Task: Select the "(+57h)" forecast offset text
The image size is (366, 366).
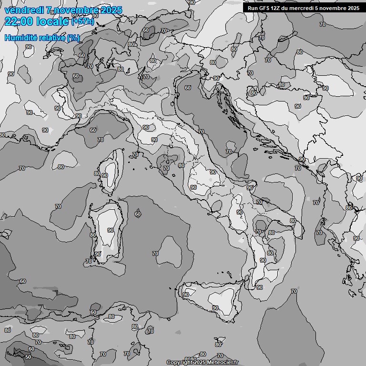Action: tap(82, 22)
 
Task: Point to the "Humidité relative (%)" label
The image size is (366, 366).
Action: tap(42, 38)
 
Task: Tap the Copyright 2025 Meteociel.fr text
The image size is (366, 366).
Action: tap(205, 363)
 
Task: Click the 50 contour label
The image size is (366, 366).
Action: tap(29, 357)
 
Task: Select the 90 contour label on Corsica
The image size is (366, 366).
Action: tap(104, 175)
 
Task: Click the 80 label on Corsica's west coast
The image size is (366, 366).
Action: tap(97, 173)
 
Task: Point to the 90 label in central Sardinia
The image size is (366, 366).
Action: tap(110, 230)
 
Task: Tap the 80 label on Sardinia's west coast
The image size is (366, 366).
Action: tap(93, 235)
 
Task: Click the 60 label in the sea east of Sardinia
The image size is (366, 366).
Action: tap(138, 214)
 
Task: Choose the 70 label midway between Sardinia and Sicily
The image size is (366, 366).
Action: tap(155, 254)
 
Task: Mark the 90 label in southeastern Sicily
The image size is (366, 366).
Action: tap(215, 308)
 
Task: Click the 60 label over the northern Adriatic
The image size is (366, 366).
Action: tap(188, 88)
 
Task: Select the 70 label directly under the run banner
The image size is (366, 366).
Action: tap(323, 24)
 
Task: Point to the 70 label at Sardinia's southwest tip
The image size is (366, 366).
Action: tap(88, 261)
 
